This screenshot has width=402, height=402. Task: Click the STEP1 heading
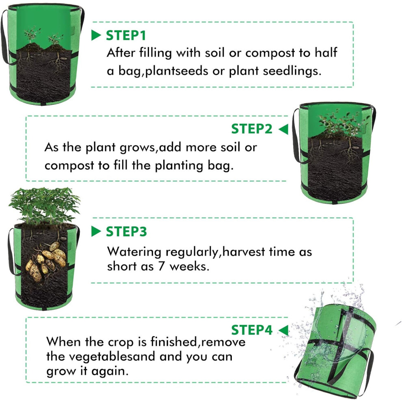pyautogui.click(x=126, y=35)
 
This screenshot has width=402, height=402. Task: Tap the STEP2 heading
pyautogui.click(x=251, y=129)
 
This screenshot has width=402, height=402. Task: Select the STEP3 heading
pyautogui.click(x=126, y=231)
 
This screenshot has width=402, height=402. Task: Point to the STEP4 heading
pyautogui.click(x=251, y=330)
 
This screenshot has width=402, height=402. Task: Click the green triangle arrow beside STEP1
pyautogui.click(x=96, y=35)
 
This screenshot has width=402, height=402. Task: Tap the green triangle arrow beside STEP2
pyautogui.click(x=283, y=129)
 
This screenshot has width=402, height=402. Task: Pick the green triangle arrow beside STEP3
pyautogui.click(x=96, y=231)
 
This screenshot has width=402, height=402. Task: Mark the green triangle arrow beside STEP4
pyautogui.click(x=283, y=330)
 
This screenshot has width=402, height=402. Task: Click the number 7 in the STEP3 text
pyautogui.click(x=161, y=266)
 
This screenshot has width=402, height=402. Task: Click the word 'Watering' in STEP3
pyautogui.click(x=134, y=252)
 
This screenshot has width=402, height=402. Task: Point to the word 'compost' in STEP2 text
pyautogui.click(x=69, y=166)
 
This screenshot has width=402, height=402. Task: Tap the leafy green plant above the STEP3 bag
pyautogui.click(x=44, y=205)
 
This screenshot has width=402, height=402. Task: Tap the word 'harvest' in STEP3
pyautogui.click(x=244, y=252)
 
